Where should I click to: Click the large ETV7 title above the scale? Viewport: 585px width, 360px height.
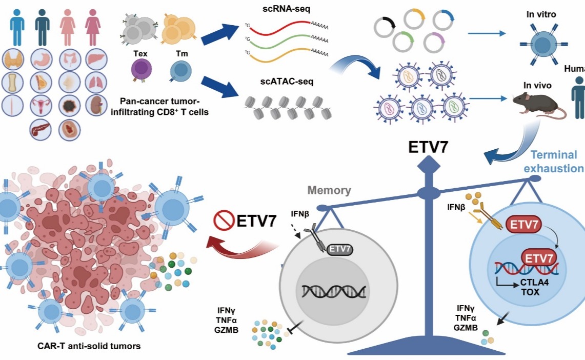[x=428, y=147]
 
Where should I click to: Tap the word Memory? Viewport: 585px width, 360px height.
[x=329, y=191]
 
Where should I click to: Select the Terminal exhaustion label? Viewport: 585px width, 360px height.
[x=557, y=162]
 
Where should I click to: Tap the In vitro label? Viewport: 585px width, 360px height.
[x=541, y=14]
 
